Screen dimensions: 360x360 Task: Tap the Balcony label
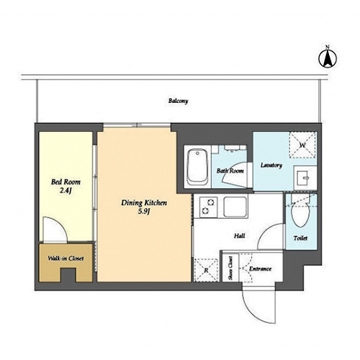tap(178, 101)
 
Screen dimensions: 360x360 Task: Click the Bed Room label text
tap(66, 182)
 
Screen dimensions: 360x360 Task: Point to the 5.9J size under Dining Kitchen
tap(144, 212)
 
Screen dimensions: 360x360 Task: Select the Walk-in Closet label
tap(66, 258)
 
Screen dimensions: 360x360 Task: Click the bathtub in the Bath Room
tap(197, 167)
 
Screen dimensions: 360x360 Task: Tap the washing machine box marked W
tap(302, 145)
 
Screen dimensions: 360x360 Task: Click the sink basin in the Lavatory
tap(305, 178)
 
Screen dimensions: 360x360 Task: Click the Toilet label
tap(300, 238)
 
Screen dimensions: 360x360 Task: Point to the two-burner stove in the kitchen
tap(208, 207)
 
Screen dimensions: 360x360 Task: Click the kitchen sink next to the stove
tap(235, 207)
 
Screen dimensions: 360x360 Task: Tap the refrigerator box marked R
tap(206, 270)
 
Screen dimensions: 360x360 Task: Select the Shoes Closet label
tap(230, 268)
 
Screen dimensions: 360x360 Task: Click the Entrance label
tap(260, 269)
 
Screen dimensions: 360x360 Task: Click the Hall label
tap(240, 236)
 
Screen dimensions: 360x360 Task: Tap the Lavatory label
tap(271, 165)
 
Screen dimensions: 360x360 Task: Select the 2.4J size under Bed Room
tap(66, 191)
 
